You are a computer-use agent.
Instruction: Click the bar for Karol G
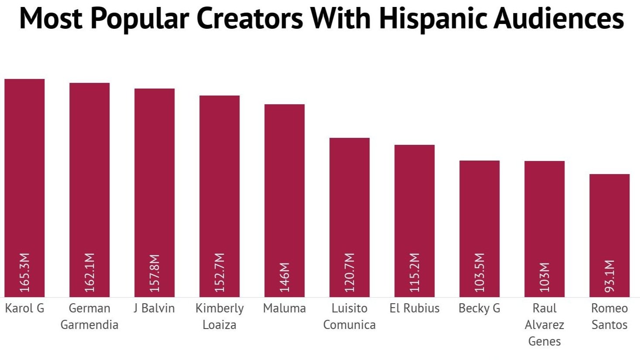(24, 175)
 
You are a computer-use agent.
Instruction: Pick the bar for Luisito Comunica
(349, 205)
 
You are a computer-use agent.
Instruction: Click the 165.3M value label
(25, 272)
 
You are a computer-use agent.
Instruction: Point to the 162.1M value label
(90, 272)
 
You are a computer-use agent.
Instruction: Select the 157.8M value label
(155, 273)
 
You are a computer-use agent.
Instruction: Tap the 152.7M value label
(220, 272)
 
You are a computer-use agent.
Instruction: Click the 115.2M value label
(415, 272)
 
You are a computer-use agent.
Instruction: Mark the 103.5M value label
(480, 272)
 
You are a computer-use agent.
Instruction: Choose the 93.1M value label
(610, 276)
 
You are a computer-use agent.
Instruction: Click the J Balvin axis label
(154, 309)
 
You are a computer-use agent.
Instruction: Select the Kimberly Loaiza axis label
(219, 316)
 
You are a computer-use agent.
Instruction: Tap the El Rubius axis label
(414, 309)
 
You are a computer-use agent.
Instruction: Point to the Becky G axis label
(479, 309)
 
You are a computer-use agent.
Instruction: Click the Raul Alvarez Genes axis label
(544, 325)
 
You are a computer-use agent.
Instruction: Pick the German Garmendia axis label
(89, 316)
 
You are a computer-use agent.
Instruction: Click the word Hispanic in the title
(433, 18)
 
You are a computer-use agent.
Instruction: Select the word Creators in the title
(250, 18)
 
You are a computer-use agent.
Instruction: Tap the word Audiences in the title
(559, 18)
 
